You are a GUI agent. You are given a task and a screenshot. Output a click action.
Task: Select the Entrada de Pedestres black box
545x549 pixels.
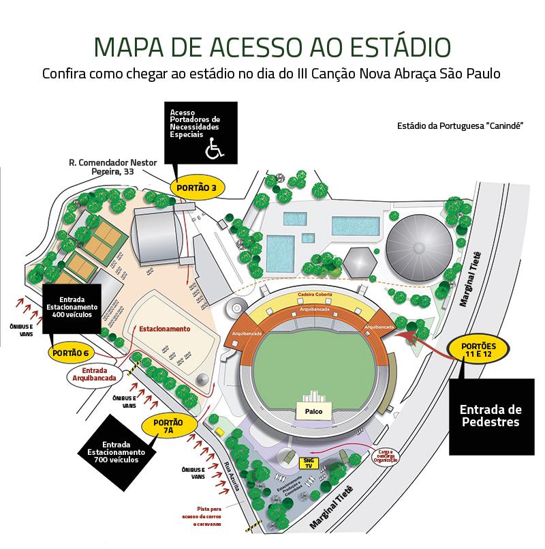tap(490, 415)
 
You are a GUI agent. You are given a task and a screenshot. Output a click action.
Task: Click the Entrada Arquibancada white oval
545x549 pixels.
tap(91, 373)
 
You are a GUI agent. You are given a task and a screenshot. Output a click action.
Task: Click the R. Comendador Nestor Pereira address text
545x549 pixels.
tap(112, 167)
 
